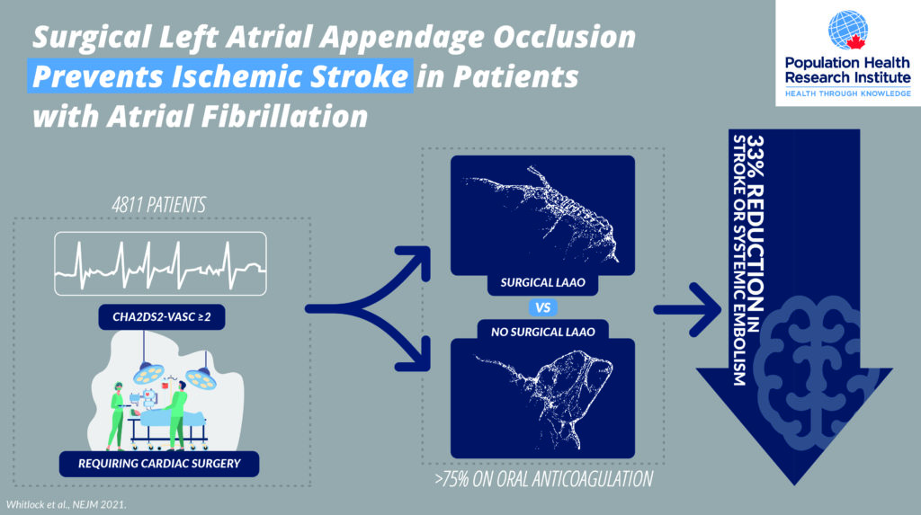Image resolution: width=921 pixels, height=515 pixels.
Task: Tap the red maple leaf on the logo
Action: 856,41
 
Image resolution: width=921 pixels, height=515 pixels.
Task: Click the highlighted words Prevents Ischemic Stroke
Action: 220,76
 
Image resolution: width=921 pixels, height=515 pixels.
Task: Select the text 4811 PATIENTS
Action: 158,205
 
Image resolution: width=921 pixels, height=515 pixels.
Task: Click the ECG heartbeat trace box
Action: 160,263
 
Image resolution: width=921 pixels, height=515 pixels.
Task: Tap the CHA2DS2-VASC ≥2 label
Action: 162,317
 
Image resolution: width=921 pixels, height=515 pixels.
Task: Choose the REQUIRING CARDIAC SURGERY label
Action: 159,464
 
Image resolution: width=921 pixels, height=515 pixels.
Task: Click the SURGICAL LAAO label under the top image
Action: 542,282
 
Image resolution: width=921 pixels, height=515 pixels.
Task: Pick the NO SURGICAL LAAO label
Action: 542,332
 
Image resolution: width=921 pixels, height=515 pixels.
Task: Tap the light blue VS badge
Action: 542,307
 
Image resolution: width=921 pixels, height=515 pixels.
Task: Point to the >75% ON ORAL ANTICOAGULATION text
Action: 543,479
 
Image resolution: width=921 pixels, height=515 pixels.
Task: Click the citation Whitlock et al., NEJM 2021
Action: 66,504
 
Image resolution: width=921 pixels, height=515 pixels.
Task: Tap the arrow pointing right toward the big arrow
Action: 687,309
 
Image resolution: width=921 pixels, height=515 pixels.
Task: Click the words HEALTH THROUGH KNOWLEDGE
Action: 847,93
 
